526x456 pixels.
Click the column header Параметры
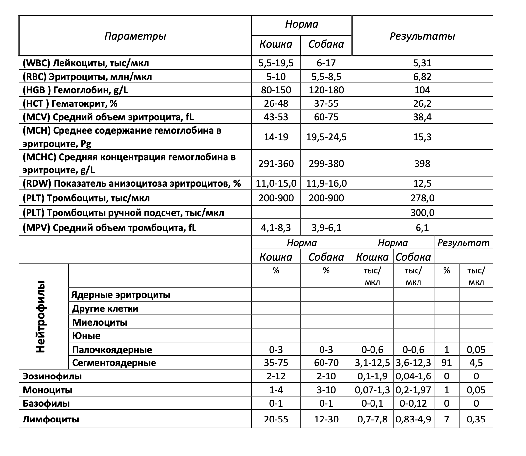pos(135,36)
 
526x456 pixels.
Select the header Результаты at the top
pos(422,36)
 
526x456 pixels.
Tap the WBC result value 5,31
pos(422,63)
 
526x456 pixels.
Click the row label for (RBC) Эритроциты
pos(87,77)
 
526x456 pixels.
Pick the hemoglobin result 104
pos(422,90)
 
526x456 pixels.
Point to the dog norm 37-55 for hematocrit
pos(326,103)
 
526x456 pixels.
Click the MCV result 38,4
pos(422,117)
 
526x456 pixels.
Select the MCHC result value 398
pos(422,163)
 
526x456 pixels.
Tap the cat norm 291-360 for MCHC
pos(276,163)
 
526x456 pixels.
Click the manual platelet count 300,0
pos(422,213)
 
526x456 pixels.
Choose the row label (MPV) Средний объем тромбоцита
pos(109,228)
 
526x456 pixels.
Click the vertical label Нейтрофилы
pos(41,317)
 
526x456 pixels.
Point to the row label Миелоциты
pos(100,322)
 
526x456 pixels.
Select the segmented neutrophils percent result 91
pos(446,363)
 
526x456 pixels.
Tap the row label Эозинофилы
pos(52,376)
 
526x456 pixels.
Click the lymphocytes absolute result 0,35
pos(476,419)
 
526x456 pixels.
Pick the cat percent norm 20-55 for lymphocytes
pos(276,419)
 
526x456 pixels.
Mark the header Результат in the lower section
pos(463,243)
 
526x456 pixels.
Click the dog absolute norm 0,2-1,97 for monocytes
pos(413,390)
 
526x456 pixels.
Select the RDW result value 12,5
pos(422,183)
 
